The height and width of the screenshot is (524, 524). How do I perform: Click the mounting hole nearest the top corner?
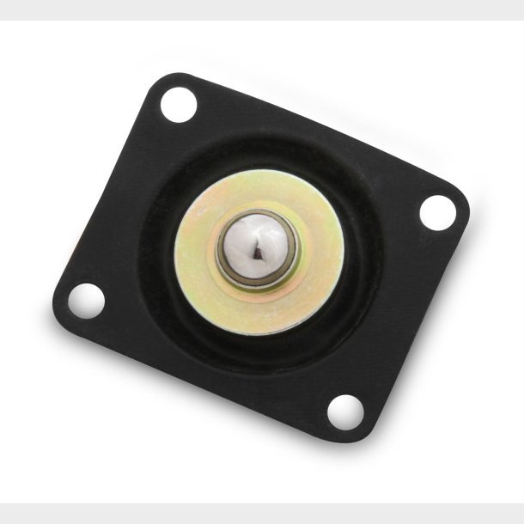(x=179, y=105)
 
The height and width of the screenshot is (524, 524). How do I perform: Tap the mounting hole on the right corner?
(x=436, y=211)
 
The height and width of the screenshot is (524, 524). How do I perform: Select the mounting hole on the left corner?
(x=86, y=301)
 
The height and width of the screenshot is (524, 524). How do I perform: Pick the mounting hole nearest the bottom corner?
(x=344, y=411)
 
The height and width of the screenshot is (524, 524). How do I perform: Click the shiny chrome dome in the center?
(x=256, y=249)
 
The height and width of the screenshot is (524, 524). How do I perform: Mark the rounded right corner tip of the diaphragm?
(x=465, y=199)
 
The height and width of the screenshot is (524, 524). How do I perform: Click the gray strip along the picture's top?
(x=262, y=9)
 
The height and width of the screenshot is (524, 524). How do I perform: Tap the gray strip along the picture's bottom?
(x=262, y=513)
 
